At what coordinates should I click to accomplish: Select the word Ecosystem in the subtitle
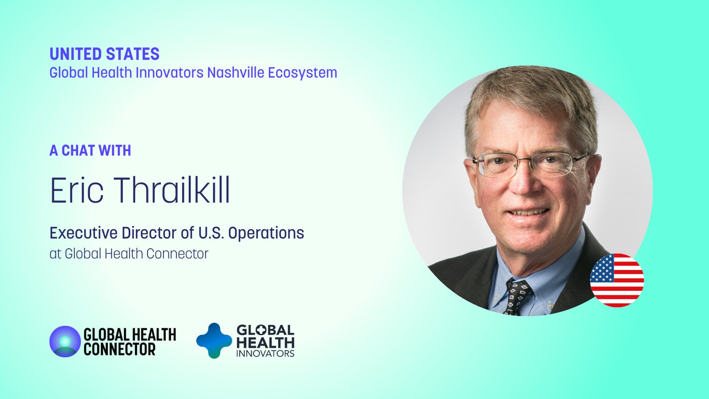pyautogui.click(x=303, y=73)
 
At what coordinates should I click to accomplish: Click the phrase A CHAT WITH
pyautogui.click(x=90, y=150)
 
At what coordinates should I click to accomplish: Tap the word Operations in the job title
pyautogui.click(x=266, y=233)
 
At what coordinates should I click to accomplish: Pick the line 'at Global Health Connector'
pyautogui.click(x=129, y=254)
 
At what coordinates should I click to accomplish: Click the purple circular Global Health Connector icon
pyautogui.click(x=65, y=341)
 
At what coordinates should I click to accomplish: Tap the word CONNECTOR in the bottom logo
pyautogui.click(x=119, y=349)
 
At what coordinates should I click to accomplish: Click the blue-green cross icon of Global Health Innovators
pyautogui.click(x=214, y=340)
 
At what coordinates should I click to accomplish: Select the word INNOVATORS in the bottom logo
pyautogui.click(x=265, y=353)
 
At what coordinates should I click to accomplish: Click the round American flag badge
pyautogui.click(x=617, y=280)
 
